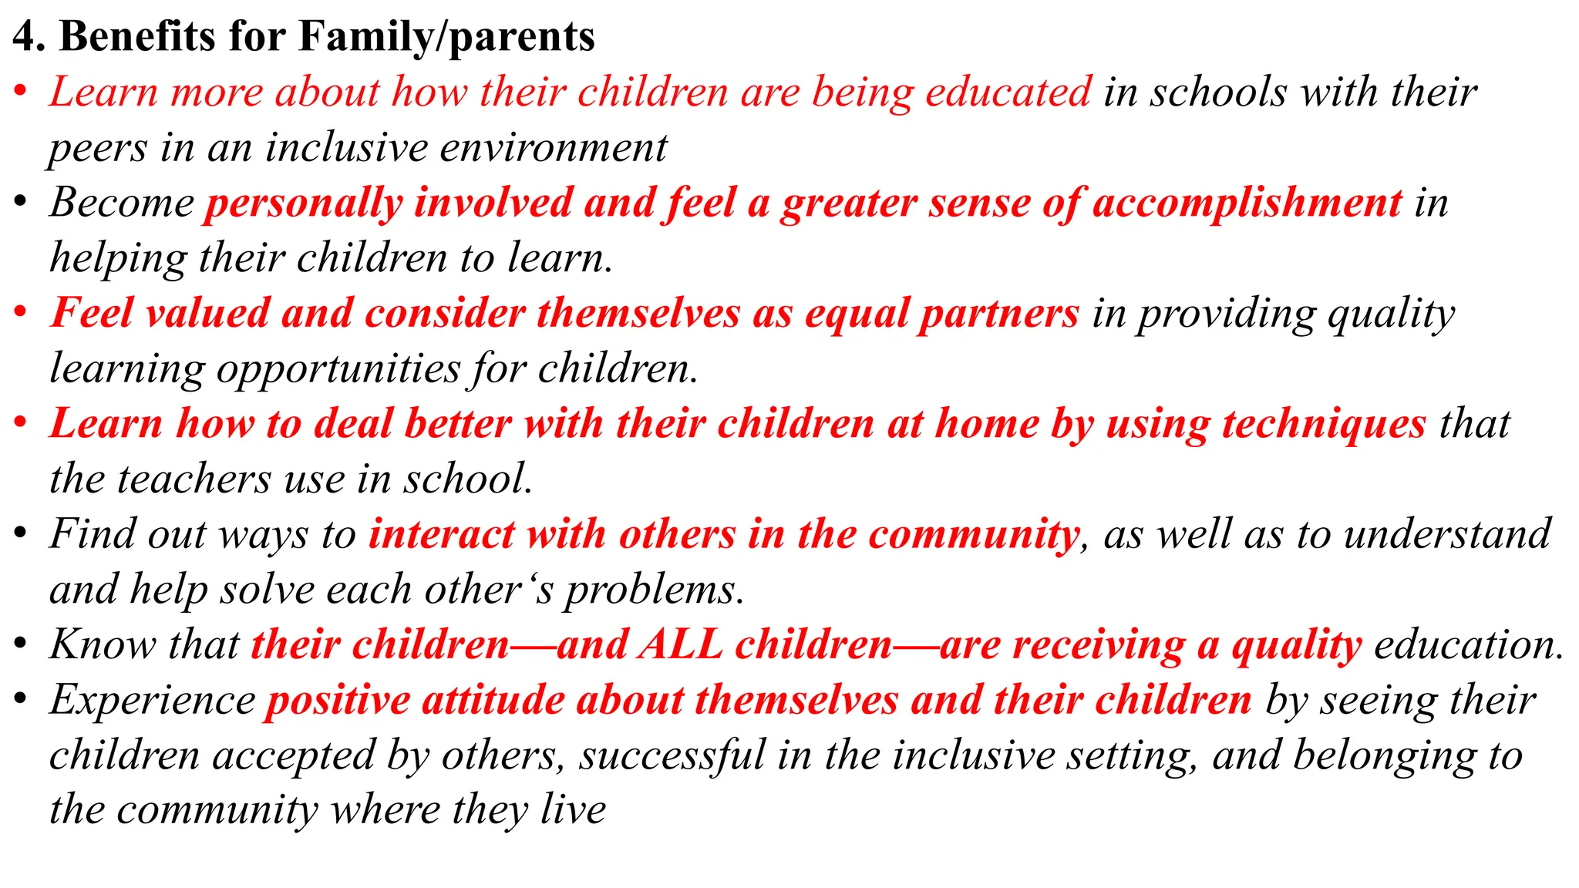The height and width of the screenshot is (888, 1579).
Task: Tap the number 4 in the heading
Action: point(24,36)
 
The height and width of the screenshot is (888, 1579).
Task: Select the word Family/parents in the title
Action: point(446,37)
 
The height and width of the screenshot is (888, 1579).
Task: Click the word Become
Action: point(122,203)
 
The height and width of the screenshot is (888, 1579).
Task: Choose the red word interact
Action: point(442,534)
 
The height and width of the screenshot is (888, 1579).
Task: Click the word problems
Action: point(655,590)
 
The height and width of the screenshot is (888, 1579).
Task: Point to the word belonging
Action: point(1389,755)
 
